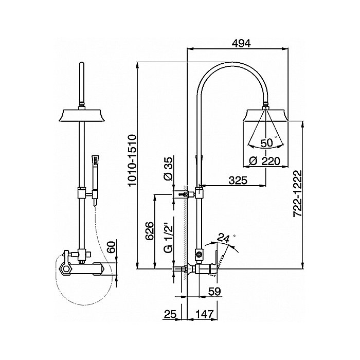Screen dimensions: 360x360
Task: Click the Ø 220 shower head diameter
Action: pyautogui.click(x=265, y=161)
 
